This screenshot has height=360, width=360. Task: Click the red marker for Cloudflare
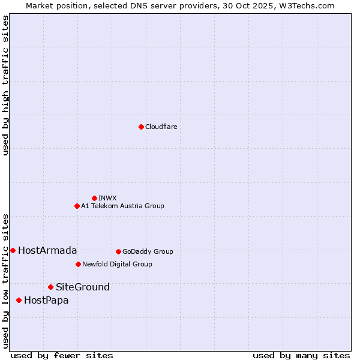click(141, 127)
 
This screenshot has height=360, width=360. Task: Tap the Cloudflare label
click(161, 127)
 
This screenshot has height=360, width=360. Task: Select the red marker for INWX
click(94, 198)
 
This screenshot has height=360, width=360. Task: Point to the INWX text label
click(107, 199)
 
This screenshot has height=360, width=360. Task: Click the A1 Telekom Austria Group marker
click(77, 206)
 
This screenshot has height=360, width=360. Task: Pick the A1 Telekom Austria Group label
click(122, 206)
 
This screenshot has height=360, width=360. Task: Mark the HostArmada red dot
click(13, 250)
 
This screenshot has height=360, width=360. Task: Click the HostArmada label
click(47, 251)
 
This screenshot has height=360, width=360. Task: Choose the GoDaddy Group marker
click(118, 251)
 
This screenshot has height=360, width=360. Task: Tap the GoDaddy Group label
click(148, 252)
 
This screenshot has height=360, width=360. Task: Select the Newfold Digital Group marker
click(78, 264)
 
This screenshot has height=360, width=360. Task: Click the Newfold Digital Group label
click(117, 265)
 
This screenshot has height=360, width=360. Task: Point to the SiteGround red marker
click(50, 287)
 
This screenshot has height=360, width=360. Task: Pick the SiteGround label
click(83, 287)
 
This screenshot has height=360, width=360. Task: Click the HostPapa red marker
click(19, 300)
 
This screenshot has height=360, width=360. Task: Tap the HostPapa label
click(46, 301)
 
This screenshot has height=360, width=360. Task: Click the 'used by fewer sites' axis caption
click(62, 355)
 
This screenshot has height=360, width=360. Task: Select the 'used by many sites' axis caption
click(301, 355)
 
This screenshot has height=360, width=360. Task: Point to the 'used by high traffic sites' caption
click(5, 85)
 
